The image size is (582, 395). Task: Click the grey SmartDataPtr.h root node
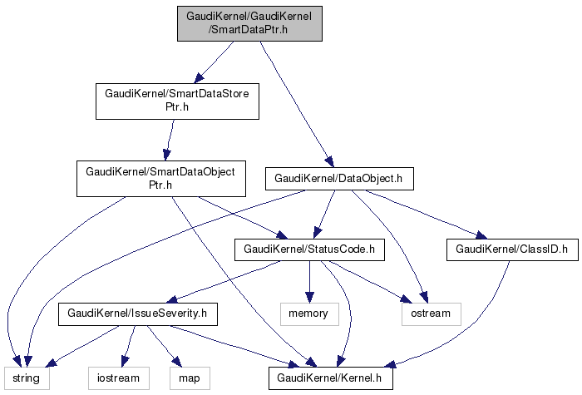[x=249, y=22]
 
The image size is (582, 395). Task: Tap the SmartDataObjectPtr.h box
[x=161, y=178]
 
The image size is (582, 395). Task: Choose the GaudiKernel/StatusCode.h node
[x=309, y=249]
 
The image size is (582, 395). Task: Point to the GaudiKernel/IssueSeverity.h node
[x=137, y=314]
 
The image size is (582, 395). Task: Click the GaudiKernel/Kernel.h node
[x=330, y=378]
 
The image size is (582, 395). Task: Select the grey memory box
[x=308, y=314]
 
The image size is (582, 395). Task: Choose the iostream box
[x=120, y=378]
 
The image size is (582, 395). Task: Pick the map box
[x=190, y=378]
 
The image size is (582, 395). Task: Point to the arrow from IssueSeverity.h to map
[x=161, y=344]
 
